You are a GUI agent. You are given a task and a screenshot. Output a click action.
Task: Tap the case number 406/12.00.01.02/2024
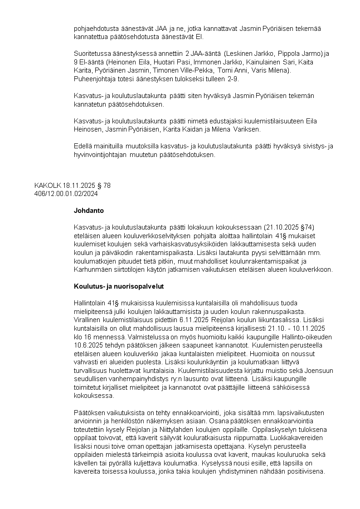point(66,193)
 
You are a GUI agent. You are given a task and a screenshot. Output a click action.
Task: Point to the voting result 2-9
point(232,79)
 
